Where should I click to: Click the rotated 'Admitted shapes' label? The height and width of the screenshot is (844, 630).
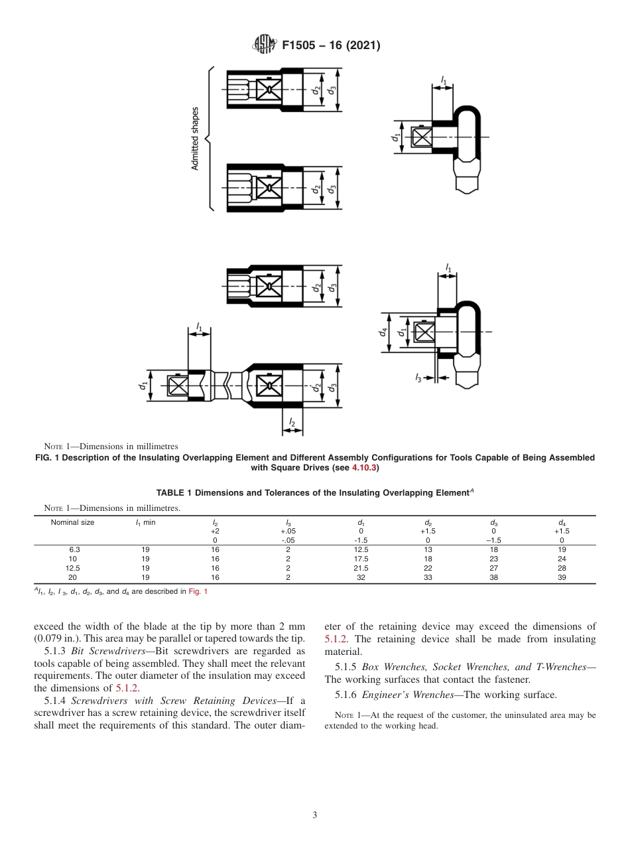[x=196, y=138]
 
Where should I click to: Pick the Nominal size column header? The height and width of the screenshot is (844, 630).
[x=72, y=522]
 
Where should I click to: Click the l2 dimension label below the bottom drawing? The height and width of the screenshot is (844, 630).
[x=292, y=423]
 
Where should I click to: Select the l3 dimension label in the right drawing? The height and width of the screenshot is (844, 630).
[x=418, y=378]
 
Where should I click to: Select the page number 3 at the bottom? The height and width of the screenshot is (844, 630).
[x=315, y=815]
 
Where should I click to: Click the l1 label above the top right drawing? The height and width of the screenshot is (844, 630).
[x=444, y=81]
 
